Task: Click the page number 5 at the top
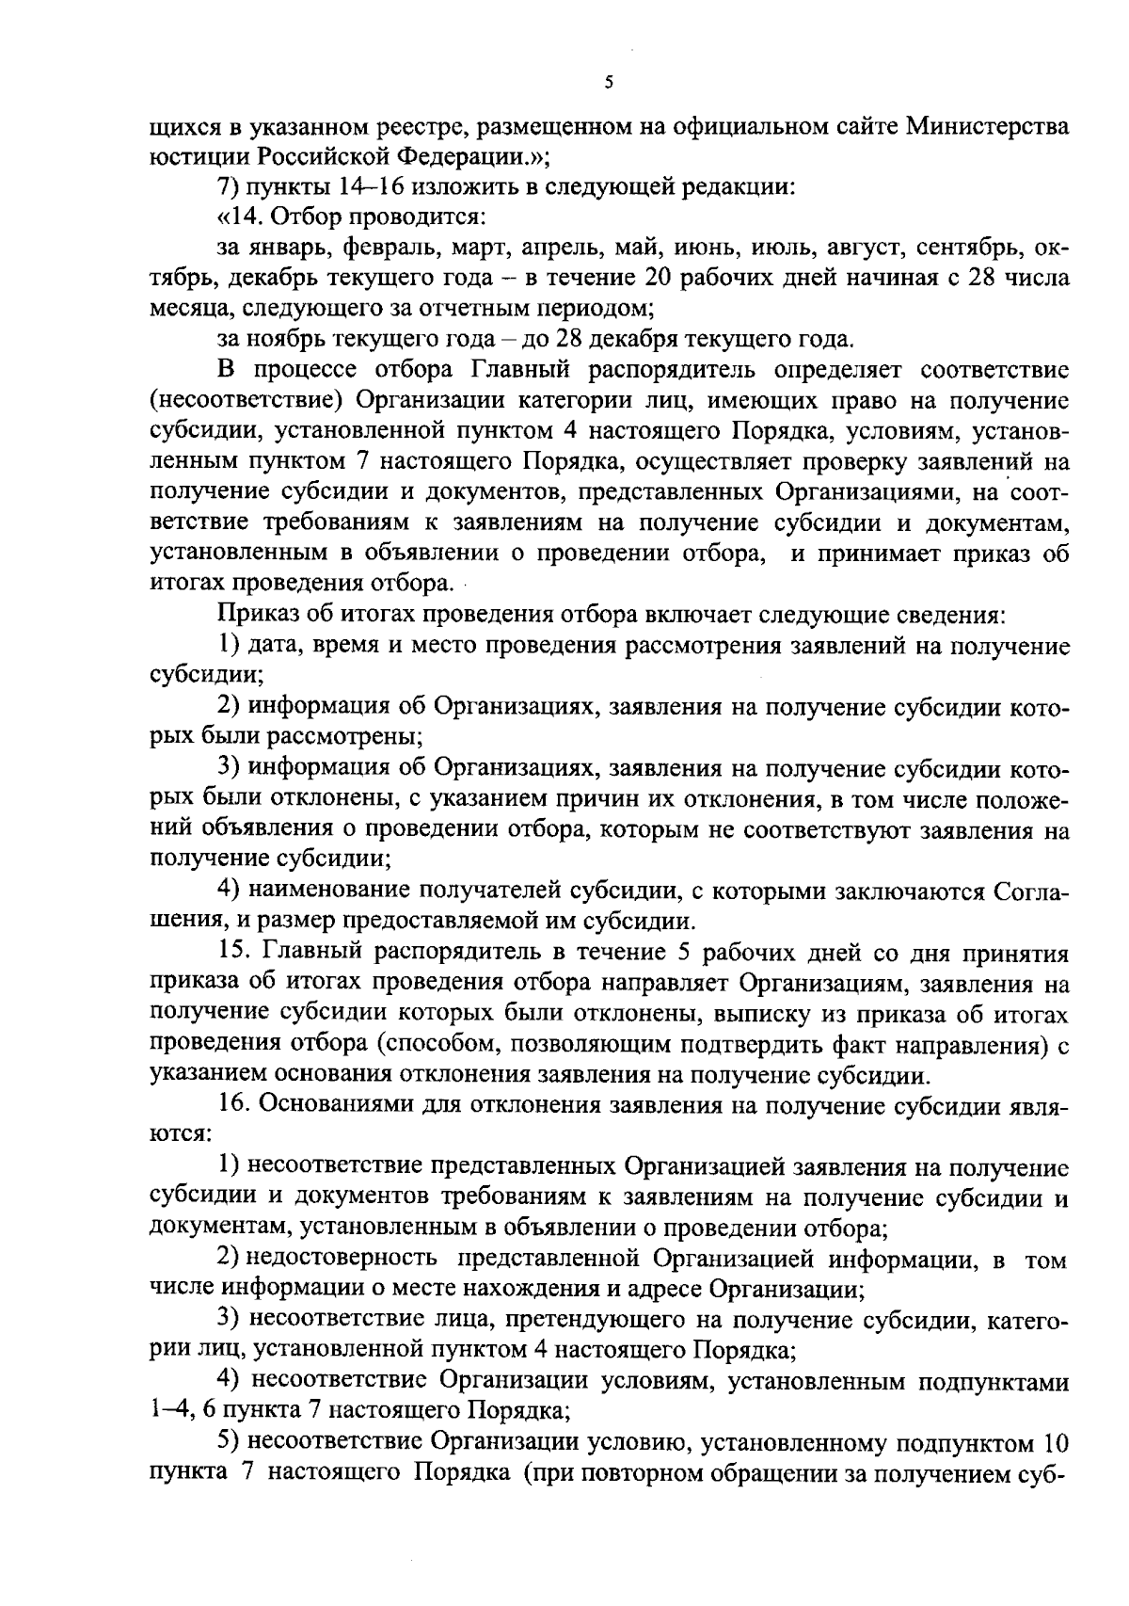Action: click(609, 83)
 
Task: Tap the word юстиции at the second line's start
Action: click(184, 155)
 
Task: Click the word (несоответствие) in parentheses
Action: click(245, 401)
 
